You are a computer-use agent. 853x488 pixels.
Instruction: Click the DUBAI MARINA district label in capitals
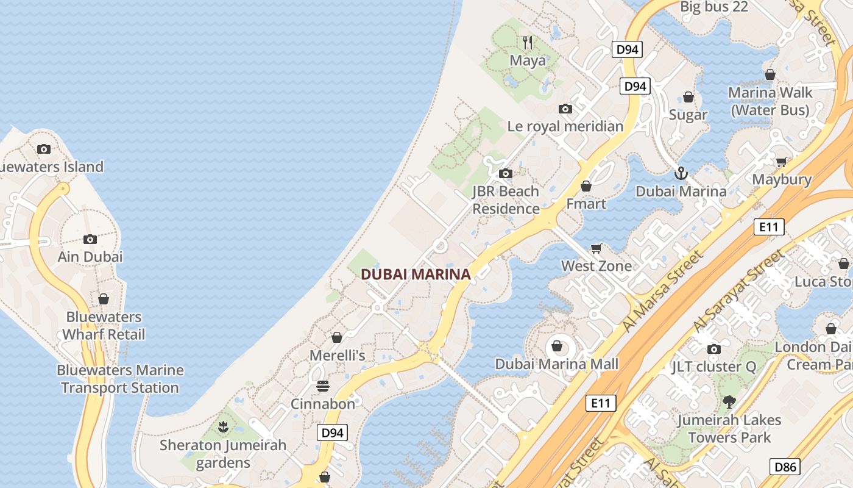[x=416, y=274]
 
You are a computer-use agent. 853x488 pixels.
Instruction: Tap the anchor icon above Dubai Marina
[x=681, y=174]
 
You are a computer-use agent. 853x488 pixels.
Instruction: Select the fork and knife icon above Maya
[x=528, y=43]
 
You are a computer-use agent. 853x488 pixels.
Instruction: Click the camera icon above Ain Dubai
[x=90, y=239]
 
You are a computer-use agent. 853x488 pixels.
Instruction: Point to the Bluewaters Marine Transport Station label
[x=120, y=379]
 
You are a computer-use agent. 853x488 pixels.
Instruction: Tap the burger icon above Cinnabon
[x=323, y=386]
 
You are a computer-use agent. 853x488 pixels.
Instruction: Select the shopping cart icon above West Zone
[x=596, y=248]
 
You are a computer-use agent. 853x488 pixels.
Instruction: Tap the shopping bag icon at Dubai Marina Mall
[x=556, y=346]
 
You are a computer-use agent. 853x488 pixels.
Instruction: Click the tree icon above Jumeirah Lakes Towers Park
[x=729, y=402]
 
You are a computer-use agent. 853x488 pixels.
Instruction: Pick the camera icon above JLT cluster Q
[x=713, y=350]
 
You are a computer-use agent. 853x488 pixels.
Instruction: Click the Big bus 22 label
[x=713, y=7]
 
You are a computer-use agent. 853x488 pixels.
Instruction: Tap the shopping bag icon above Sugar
[x=688, y=97]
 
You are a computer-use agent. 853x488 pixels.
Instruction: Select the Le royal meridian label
[x=565, y=126]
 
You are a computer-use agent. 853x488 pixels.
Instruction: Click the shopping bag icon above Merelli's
[x=337, y=337]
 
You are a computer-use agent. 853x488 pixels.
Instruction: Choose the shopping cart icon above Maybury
[x=782, y=162]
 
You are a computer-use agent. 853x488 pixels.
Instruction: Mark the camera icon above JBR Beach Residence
[x=505, y=174]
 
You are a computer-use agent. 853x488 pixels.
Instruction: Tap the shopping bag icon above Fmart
[x=586, y=186]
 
